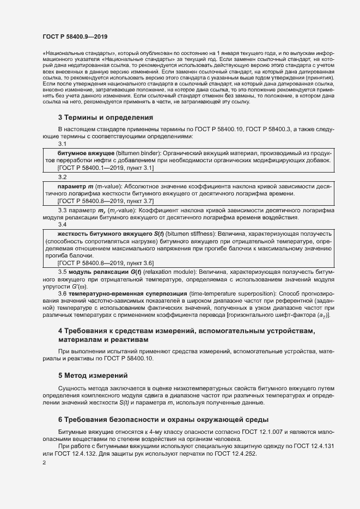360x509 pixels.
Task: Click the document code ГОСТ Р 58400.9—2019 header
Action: (75, 37)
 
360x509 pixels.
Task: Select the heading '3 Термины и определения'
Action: (106, 118)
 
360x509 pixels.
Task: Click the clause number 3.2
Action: (62, 177)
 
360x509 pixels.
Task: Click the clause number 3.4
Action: (62, 224)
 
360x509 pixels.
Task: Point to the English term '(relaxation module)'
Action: (169, 271)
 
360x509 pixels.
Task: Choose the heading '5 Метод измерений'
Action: (93, 375)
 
